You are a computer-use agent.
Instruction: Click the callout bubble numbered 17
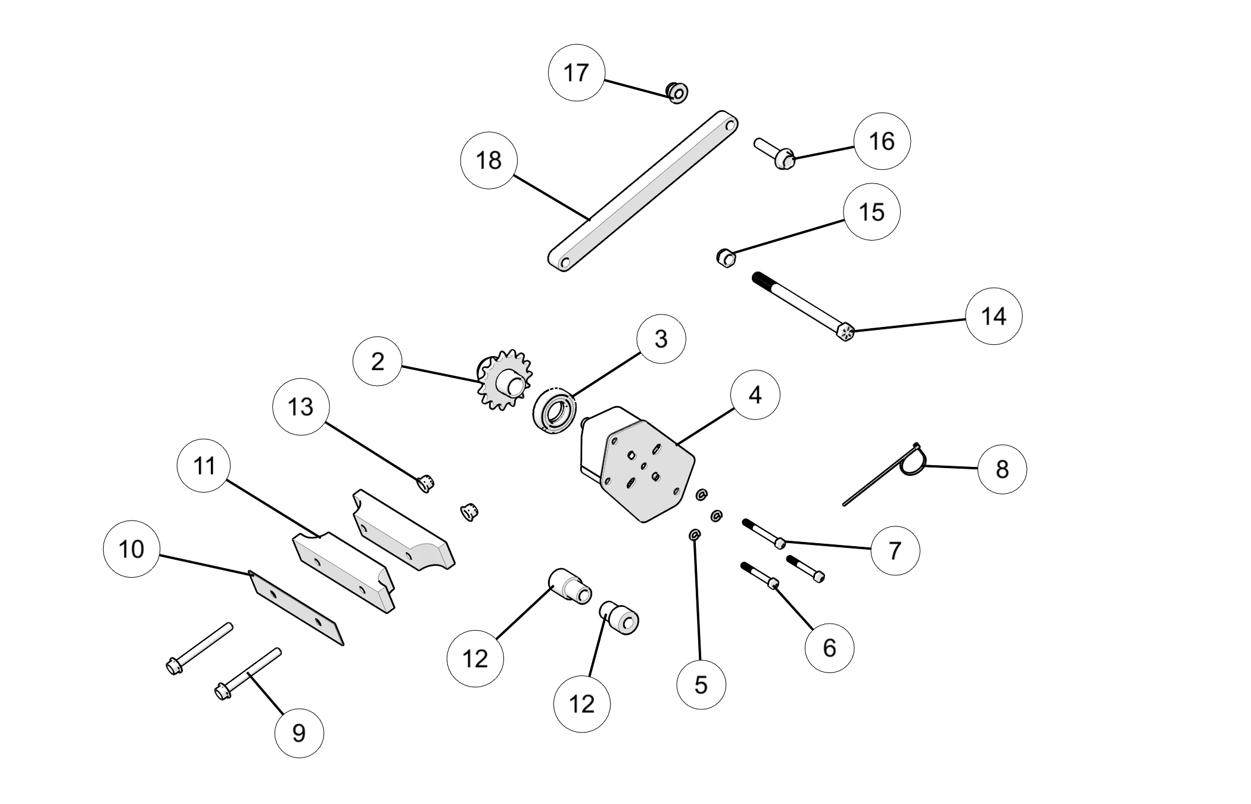coord(576,72)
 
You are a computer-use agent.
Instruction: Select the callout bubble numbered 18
coord(489,160)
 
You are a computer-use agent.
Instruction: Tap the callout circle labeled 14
coord(994,316)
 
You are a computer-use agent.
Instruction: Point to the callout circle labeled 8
coord(1002,469)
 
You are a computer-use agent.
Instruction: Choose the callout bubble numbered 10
coord(132,549)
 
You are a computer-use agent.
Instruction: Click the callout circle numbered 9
coord(299,733)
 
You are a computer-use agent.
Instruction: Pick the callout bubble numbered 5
coord(701,684)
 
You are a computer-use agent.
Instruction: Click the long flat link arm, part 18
coord(643,191)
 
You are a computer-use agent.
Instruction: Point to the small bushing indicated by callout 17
coord(677,93)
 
